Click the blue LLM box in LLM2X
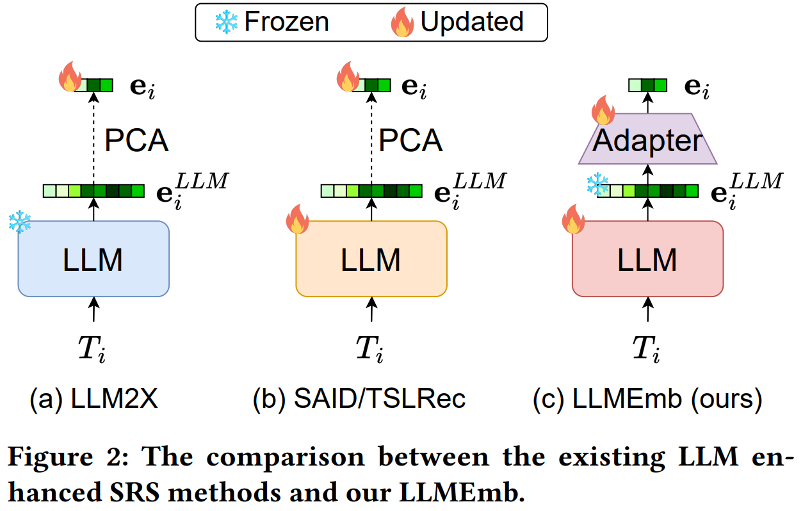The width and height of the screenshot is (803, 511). pyautogui.click(x=93, y=259)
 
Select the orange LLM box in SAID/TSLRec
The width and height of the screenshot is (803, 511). pyautogui.click(x=371, y=259)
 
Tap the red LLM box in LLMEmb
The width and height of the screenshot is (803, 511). pyautogui.click(x=647, y=259)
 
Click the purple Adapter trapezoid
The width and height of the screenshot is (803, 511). pyautogui.click(x=647, y=140)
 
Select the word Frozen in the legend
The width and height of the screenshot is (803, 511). pyautogui.click(x=286, y=22)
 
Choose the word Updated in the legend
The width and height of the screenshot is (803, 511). pyautogui.click(x=472, y=22)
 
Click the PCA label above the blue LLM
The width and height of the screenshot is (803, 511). pyautogui.click(x=136, y=141)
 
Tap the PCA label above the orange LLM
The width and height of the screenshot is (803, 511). pyautogui.click(x=410, y=141)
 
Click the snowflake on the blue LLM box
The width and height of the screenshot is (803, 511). pyautogui.click(x=19, y=223)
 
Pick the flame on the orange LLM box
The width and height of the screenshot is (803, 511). pyautogui.click(x=297, y=219)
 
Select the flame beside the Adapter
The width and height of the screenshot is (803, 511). pyautogui.click(x=603, y=110)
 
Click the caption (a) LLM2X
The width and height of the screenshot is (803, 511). pyautogui.click(x=93, y=399)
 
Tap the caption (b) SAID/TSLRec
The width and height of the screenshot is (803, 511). pyautogui.click(x=359, y=399)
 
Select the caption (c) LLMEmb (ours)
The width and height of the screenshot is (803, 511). pyautogui.click(x=647, y=399)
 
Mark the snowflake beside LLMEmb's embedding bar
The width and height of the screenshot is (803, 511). pyautogui.click(x=597, y=186)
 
